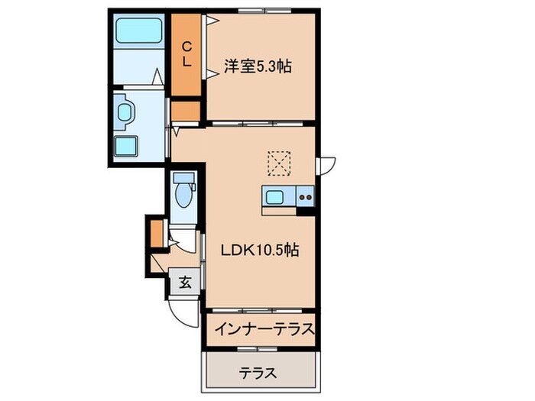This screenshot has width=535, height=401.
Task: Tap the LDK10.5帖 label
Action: pos(261,250)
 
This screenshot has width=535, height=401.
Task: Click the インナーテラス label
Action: pos(264,330)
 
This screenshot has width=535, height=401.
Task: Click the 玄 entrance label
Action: pos(185,281)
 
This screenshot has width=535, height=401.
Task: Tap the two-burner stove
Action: pos(306,197)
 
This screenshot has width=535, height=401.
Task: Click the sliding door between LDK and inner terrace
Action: pos(260,309)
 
